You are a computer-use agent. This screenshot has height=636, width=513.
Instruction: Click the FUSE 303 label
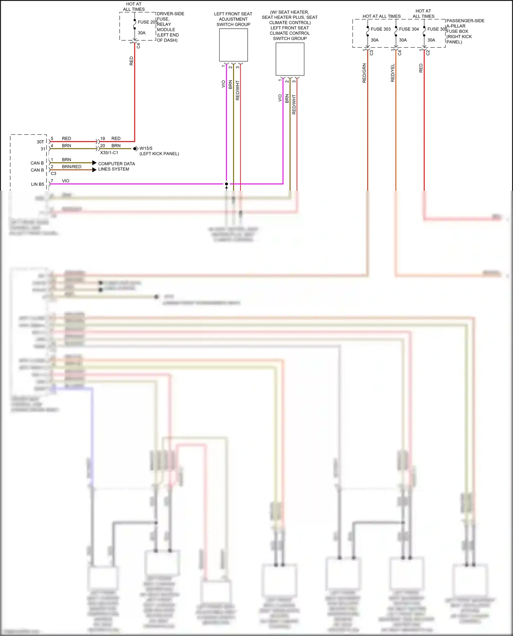pos(380,29)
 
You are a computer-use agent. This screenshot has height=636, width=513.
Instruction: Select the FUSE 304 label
pos(409,29)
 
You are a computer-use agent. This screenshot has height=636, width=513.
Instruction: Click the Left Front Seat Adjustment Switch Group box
pos(233,45)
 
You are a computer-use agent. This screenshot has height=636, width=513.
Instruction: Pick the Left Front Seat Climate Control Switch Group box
pos(290,59)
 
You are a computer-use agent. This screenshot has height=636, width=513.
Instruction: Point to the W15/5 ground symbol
pos(136,149)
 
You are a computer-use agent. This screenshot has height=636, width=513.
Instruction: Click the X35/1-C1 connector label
pos(109,153)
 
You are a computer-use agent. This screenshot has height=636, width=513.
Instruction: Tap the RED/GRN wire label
pos(364,73)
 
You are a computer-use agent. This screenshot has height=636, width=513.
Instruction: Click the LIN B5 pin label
pos(38,184)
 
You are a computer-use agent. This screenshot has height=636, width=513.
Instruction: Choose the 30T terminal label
pos(40,142)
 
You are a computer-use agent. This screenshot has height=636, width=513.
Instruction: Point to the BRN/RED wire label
pos(72,167)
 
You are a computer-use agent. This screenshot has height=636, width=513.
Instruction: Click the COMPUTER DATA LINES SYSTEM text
pos(116,166)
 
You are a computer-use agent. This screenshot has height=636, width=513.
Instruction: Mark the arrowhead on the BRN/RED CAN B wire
pos(94,170)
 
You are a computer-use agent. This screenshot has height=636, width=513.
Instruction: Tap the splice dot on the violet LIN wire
pos(226,184)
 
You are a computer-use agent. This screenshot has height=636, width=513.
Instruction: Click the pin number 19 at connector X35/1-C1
pos(103,138)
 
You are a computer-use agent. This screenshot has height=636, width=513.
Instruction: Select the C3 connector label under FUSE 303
pos(371,53)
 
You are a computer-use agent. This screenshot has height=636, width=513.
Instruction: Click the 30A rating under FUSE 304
pos(403,40)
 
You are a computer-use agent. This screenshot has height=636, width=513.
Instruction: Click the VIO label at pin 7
pos(66,181)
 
